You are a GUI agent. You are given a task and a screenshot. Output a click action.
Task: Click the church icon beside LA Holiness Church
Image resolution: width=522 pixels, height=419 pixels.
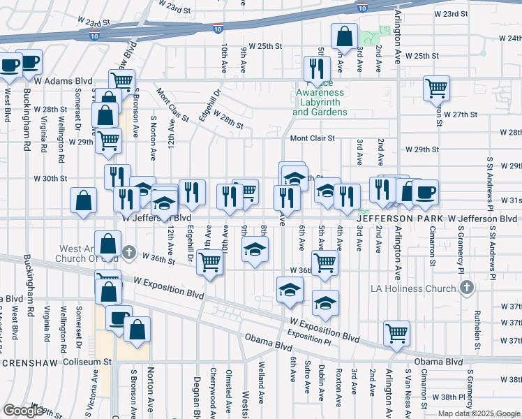[x=467, y=288]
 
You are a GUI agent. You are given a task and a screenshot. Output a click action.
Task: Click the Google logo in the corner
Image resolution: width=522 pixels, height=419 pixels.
[x=23, y=411]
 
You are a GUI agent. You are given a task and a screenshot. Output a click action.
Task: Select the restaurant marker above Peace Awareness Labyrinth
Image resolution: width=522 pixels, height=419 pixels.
[x=318, y=68]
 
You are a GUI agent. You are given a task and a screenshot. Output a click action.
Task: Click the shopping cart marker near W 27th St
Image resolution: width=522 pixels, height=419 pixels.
[x=437, y=88]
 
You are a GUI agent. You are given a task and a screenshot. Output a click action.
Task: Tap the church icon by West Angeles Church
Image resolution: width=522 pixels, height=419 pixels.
[x=128, y=251]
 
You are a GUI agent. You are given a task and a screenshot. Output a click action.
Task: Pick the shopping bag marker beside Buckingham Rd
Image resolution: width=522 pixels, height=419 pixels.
[x=83, y=200]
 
